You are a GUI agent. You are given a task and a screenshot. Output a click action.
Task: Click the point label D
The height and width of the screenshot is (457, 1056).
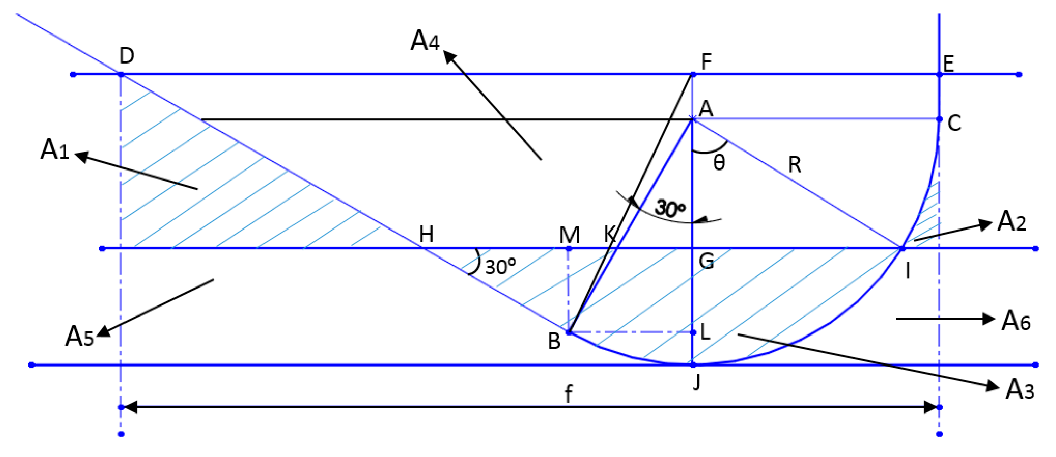coord(127,55)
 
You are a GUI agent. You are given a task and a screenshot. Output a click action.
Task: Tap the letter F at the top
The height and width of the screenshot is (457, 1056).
coord(706,61)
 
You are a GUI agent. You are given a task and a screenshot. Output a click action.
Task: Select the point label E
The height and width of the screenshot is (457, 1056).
coord(948,64)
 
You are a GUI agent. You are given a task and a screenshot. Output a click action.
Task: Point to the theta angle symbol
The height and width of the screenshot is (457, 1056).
coord(719,163)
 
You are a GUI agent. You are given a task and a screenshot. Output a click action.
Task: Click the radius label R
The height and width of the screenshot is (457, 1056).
coord(795,165)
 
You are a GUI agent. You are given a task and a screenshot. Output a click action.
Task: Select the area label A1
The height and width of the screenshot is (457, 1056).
coord(54,149)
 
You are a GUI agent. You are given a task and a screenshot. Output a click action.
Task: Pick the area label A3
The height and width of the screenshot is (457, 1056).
coord(1020,389)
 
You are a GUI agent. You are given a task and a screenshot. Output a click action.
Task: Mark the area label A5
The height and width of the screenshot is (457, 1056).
coord(80,337)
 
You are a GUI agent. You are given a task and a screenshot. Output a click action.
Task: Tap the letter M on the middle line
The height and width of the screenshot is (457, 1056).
coord(569,235)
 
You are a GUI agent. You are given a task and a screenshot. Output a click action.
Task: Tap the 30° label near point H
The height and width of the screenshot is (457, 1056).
coord(500,267)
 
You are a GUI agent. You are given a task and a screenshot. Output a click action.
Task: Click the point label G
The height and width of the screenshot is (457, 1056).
coord(706,261)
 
